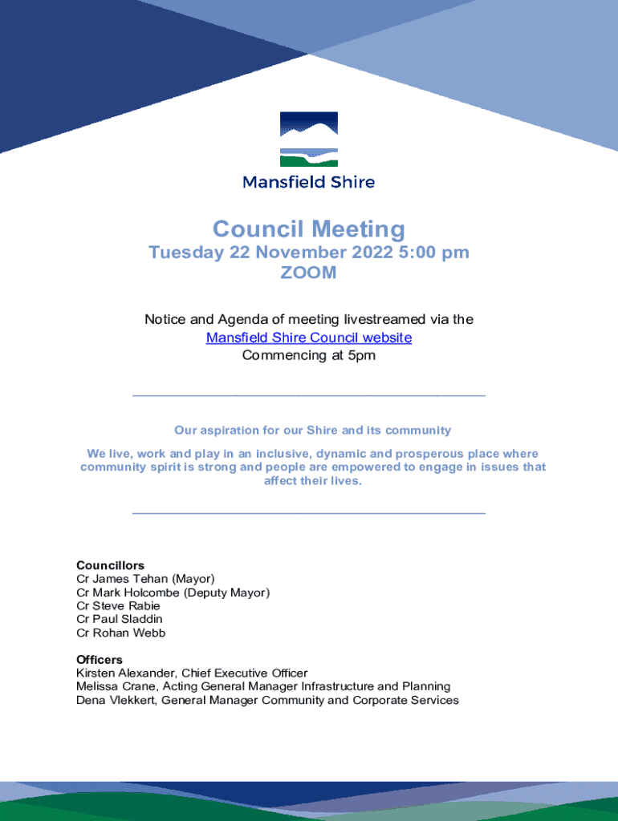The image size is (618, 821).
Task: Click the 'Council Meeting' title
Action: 309,229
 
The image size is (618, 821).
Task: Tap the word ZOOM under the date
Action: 309,273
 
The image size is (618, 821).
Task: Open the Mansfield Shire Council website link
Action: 309,338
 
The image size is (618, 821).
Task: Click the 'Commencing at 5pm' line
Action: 309,356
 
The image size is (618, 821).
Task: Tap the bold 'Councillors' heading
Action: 110,565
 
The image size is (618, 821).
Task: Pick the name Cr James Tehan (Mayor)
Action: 145,579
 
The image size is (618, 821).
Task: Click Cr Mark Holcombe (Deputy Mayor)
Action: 173,592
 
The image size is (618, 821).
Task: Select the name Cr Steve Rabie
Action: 118,606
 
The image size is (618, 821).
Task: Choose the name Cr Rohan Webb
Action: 120,633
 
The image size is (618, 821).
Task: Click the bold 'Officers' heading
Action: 100,660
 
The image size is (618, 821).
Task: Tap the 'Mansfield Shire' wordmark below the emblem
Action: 309,182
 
